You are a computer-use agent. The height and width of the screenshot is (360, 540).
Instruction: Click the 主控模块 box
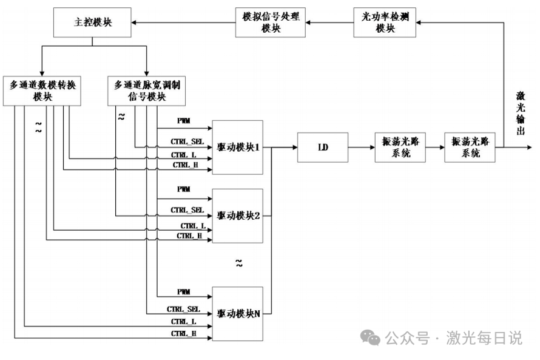click(x=92, y=22)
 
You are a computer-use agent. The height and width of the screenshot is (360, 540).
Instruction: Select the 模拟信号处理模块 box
click(x=271, y=22)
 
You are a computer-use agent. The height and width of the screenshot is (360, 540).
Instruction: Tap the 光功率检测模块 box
click(x=385, y=22)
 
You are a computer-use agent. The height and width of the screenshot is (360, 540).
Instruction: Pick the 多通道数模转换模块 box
click(x=42, y=91)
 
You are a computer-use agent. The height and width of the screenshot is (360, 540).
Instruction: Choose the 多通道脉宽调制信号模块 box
click(x=147, y=91)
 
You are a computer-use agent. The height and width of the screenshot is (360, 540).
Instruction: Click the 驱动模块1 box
click(x=238, y=148)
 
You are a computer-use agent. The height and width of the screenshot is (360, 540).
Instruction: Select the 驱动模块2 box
click(x=238, y=216)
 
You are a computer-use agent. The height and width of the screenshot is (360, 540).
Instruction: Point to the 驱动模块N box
click(x=238, y=314)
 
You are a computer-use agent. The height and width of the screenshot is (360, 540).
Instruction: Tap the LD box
click(x=323, y=148)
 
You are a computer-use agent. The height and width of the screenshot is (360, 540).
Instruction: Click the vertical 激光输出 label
click(x=521, y=113)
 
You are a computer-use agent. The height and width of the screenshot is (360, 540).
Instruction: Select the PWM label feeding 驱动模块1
click(x=184, y=121)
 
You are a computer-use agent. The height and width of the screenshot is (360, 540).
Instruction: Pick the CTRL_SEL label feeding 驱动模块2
click(x=187, y=210)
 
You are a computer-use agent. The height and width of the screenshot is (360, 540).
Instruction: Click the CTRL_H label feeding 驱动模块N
click(x=184, y=333)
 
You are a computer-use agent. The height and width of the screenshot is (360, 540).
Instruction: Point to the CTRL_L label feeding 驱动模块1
click(x=184, y=155)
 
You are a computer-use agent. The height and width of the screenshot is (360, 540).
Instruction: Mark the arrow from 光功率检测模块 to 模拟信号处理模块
click(x=329, y=22)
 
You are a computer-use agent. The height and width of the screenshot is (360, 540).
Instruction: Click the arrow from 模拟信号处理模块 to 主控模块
click(x=183, y=22)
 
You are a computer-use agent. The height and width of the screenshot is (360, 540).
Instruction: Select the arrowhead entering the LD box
click(x=295, y=148)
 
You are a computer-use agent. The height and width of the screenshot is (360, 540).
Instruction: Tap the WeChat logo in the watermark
click(x=370, y=338)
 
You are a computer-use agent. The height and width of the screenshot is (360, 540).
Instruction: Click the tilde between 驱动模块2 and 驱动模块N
click(x=239, y=264)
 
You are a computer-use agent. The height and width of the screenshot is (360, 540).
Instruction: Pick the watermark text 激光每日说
click(x=484, y=338)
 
